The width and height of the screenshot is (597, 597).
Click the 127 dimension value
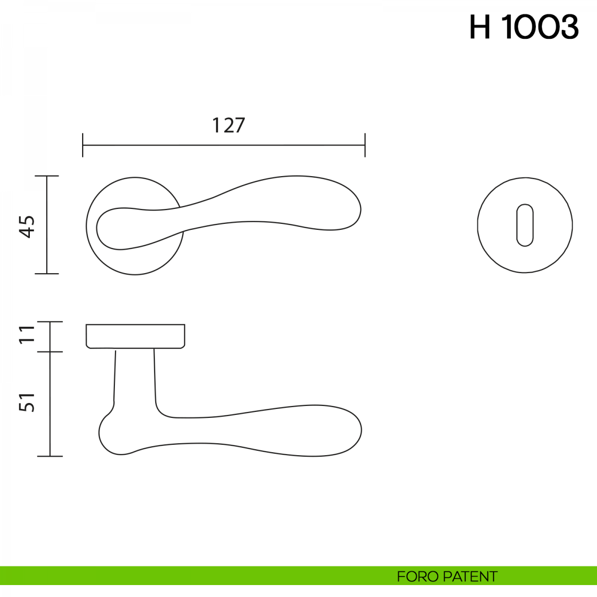pos(228,125)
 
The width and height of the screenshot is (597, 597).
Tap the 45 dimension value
pos(27,227)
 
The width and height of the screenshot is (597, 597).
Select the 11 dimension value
pos(27,334)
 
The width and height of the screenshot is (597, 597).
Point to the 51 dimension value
pos(27,402)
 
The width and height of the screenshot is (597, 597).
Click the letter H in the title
pos(480,27)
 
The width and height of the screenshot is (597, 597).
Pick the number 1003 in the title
pos(540,27)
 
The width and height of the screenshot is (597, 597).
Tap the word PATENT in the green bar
pos(470,577)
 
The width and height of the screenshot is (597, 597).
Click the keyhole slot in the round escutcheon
pos(525,225)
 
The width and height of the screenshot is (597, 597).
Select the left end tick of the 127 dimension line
pos(83,145)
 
